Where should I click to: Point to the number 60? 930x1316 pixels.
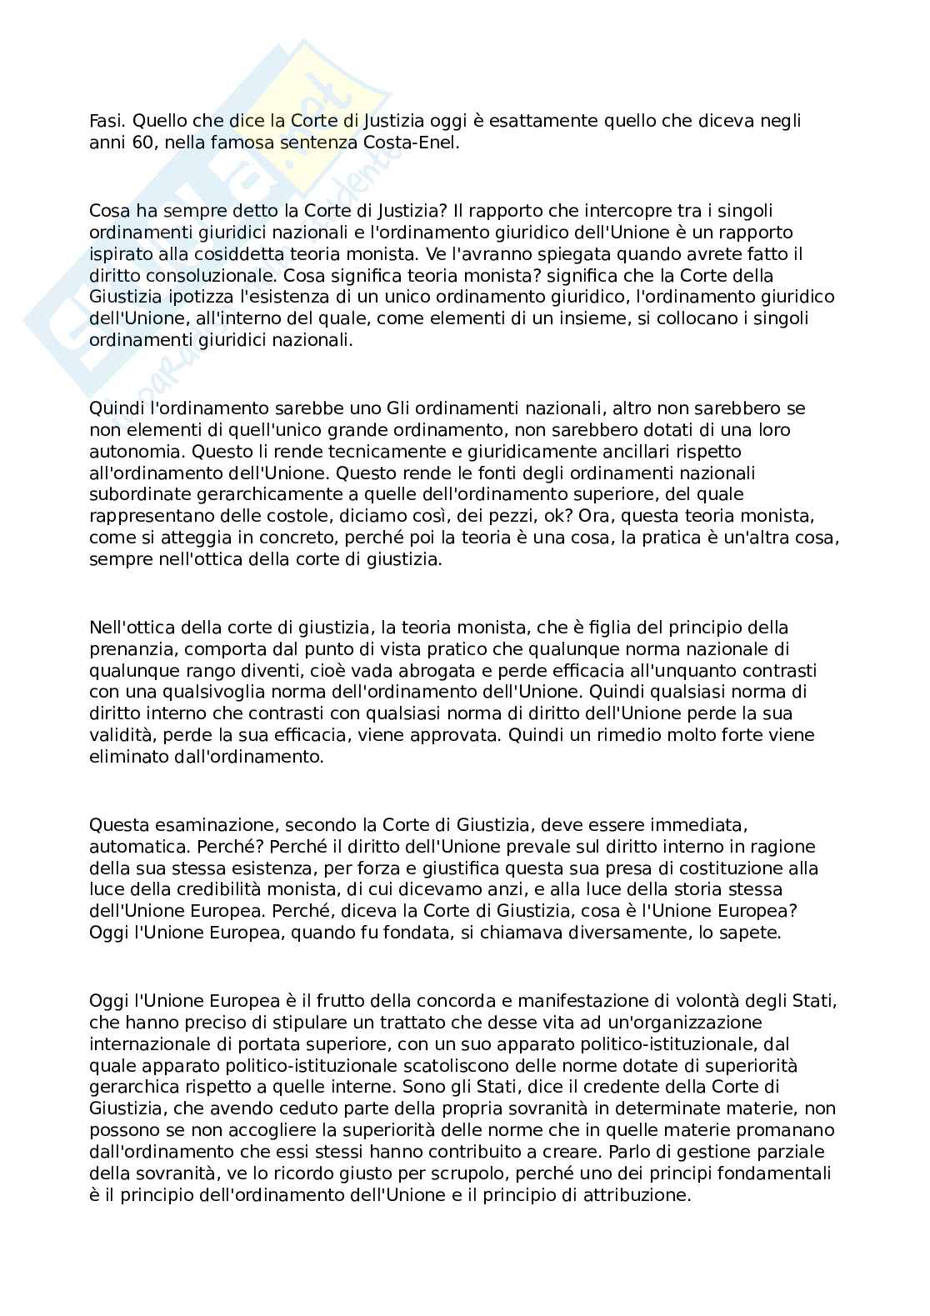coord(142,143)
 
